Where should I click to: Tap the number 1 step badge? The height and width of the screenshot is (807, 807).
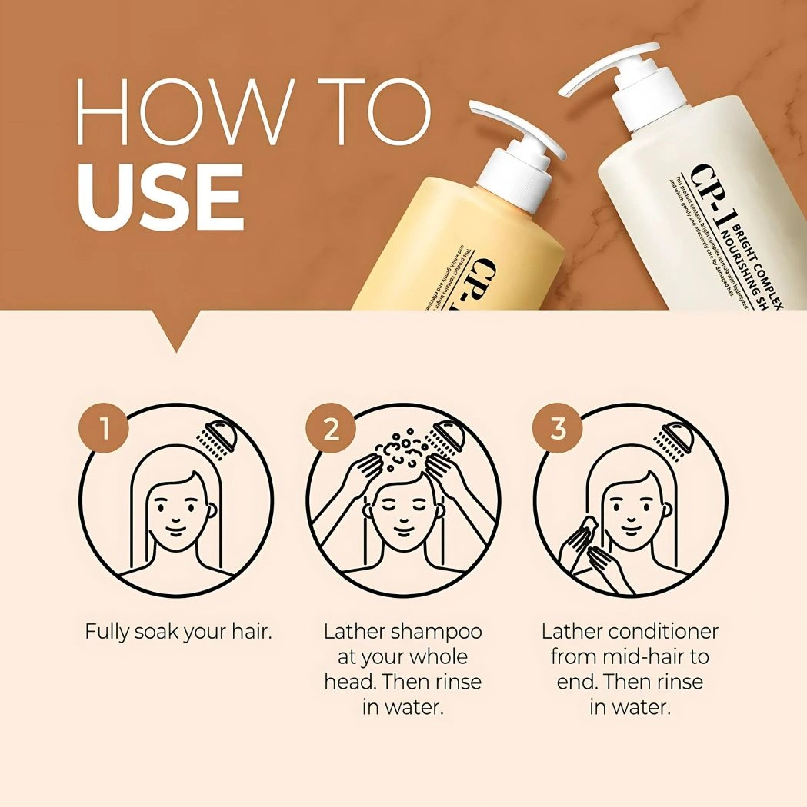pos(103,429)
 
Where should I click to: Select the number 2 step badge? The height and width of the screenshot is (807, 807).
pos(331,429)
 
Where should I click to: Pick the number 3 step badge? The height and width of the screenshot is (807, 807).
pos(558,429)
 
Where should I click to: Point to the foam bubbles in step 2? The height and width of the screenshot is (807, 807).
pos(401,453)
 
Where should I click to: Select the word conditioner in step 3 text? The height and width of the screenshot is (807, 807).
pos(663,632)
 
